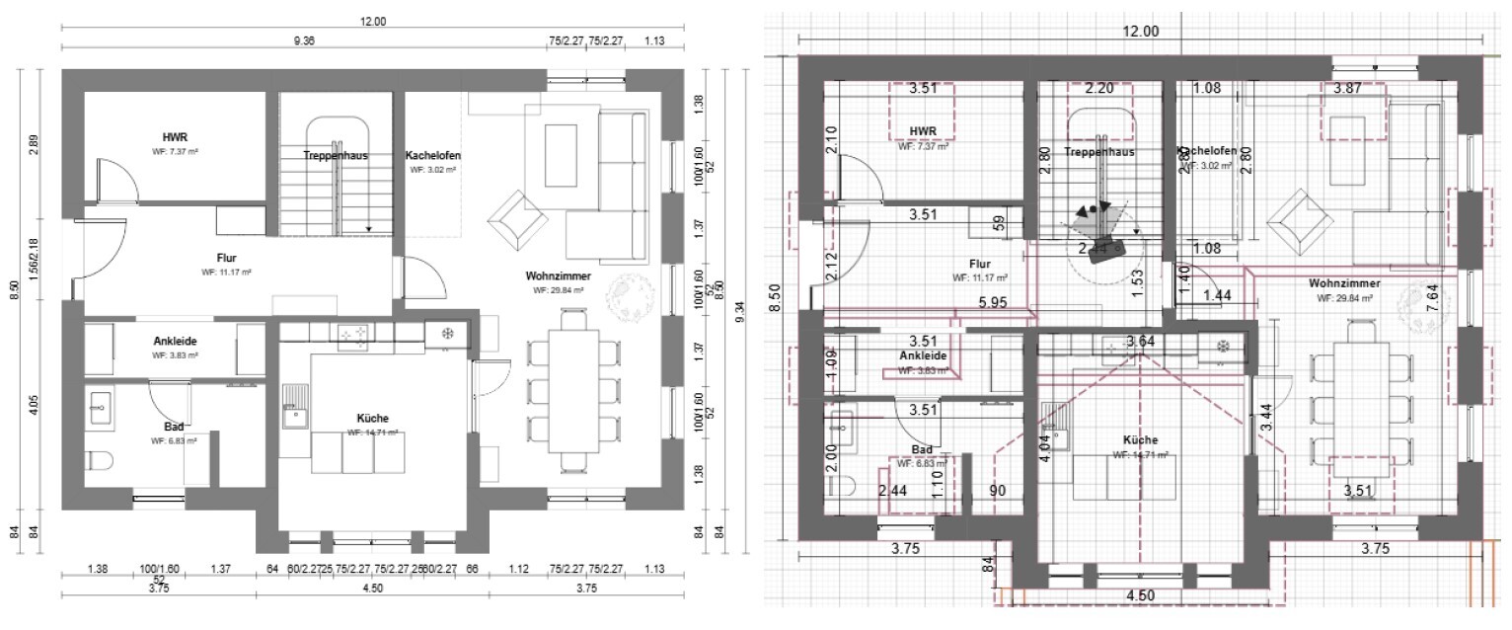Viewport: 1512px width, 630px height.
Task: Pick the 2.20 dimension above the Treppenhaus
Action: (1098, 89)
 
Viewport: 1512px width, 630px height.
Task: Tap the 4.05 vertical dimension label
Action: (35, 404)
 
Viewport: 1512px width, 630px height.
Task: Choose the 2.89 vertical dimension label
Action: (35, 144)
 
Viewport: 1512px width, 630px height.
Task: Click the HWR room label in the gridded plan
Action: (923, 131)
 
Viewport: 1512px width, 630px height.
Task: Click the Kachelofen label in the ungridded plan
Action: (432, 156)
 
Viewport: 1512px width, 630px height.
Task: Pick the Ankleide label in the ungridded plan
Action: (174, 342)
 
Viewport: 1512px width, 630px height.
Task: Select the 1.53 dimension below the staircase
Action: (1138, 287)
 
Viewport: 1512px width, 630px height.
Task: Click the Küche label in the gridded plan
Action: (1140, 440)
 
